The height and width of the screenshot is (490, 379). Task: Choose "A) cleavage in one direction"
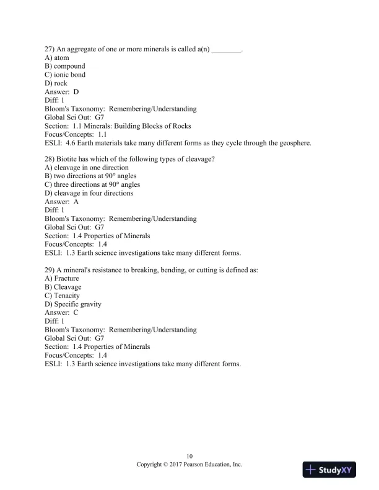click(x=87, y=168)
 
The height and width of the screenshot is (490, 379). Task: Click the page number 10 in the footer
click(x=189, y=456)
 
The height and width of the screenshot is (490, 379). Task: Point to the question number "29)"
click(x=50, y=270)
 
